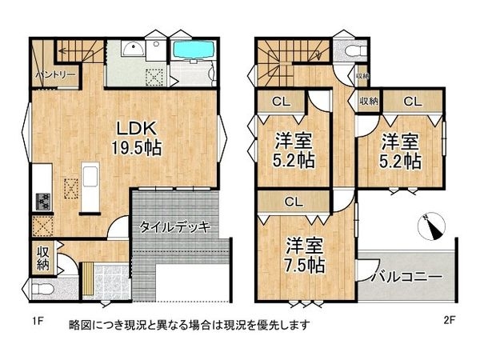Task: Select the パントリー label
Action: point(55,76)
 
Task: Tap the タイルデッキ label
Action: point(174,227)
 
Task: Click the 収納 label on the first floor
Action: point(43,258)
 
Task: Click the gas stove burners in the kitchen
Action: point(42,200)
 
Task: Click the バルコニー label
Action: point(406,276)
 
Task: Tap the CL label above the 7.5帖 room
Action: point(292,203)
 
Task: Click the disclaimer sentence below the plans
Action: point(189,326)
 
